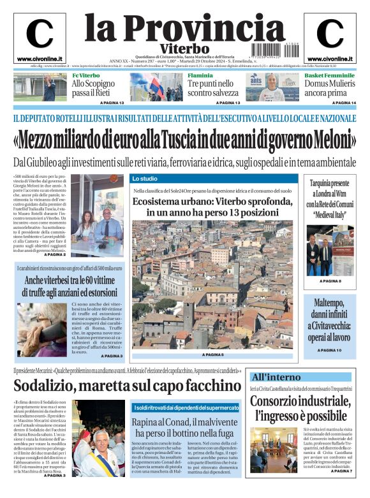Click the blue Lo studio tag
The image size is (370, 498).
click(x=145, y=179)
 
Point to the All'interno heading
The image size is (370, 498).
click(x=276, y=377)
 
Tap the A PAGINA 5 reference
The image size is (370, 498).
click(x=213, y=355)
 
